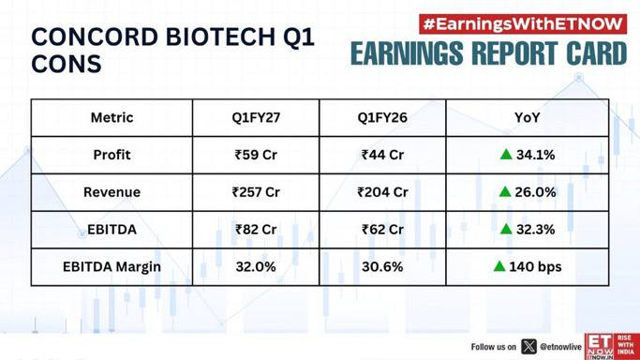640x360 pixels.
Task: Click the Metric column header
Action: [x=112, y=117]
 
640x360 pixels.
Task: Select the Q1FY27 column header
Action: [x=256, y=117]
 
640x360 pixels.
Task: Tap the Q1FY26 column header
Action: [x=382, y=117]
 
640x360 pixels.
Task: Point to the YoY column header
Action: [x=527, y=117]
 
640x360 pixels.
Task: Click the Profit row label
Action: [x=112, y=155]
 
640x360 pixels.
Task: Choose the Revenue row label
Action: [x=112, y=192]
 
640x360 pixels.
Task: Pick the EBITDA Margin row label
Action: [x=112, y=266]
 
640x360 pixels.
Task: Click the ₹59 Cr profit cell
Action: [x=256, y=155]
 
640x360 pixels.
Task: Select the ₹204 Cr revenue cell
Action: [x=382, y=192]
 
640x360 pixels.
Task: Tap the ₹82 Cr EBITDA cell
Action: [x=256, y=230]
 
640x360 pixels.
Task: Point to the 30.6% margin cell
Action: [x=382, y=266]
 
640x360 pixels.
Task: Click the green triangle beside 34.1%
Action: [x=506, y=155]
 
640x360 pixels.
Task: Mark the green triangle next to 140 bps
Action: [x=499, y=266]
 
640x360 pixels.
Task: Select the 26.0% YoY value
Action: [x=535, y=192]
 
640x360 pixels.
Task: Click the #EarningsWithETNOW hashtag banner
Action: [x=523, y=24]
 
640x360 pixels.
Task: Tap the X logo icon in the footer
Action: [x=529, y=347]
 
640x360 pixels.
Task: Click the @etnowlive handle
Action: [x=560, y=347]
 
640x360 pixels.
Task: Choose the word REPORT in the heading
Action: [x=518, y=53]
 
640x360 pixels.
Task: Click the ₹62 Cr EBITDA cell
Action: [x=382, y=230]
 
